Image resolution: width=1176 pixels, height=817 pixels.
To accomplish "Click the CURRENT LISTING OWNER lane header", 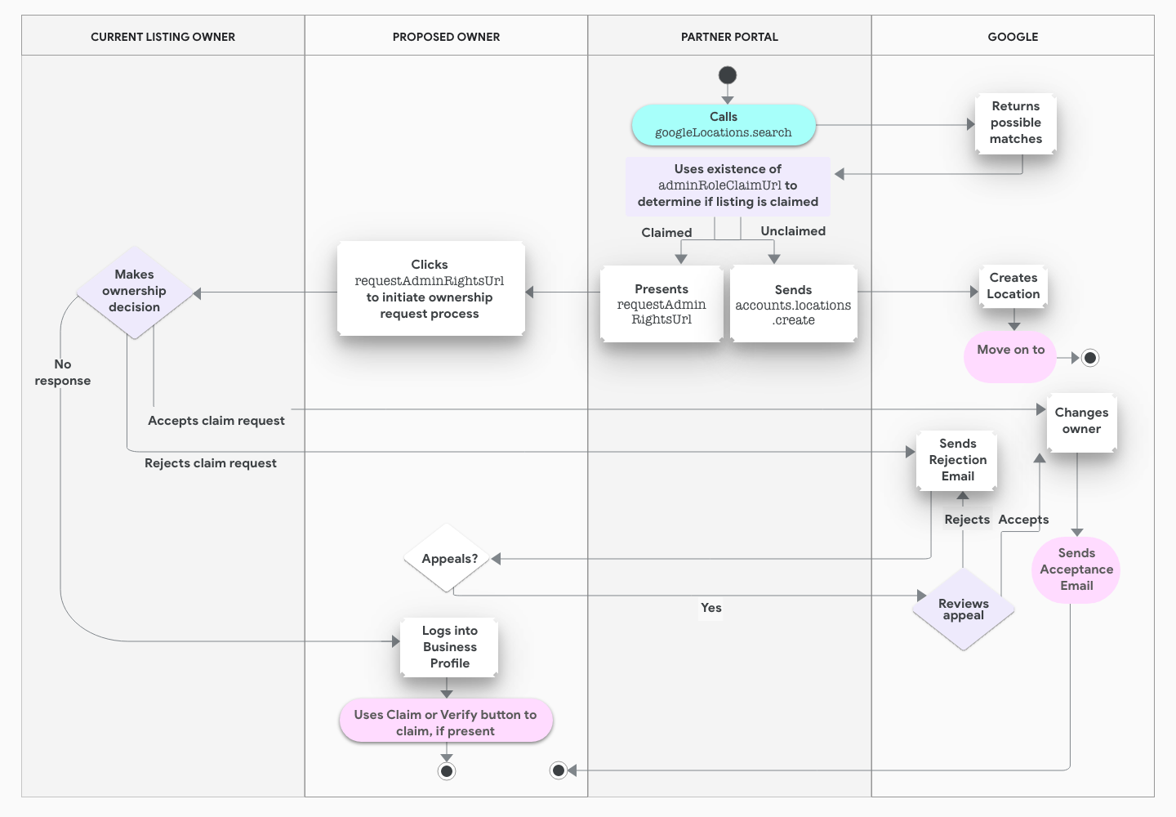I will point(163,37).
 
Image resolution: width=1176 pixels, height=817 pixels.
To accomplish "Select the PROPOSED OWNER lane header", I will point(446,37).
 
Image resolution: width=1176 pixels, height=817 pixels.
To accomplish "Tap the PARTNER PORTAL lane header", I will point(729,37).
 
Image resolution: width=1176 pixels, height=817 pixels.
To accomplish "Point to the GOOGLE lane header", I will point(1013,37).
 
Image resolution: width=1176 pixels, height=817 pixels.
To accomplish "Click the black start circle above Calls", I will point(728,75).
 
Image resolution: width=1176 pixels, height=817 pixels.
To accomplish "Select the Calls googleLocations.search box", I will point(724,125).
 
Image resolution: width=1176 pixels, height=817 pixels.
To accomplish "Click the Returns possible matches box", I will point(1015,123).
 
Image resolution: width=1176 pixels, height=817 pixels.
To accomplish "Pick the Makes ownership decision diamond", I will point(135,292).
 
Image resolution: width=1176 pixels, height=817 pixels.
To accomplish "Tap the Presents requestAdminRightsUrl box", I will point(661,304).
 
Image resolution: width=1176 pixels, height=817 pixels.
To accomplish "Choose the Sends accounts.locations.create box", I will point(793,304).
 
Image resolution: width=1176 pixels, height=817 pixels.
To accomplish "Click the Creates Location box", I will point(1013,286).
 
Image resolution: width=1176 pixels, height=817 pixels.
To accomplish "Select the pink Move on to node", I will point(1010,355).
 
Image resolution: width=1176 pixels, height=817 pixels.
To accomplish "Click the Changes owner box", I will point(1081,422).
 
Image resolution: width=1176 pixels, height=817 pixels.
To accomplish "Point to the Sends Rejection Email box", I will point(957,460).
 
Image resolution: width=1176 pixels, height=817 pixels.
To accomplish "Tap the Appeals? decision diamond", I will point(448,559).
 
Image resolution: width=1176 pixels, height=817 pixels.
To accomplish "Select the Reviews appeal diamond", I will point(964,609).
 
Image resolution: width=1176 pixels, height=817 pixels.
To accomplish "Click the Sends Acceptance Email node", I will point(1076,569).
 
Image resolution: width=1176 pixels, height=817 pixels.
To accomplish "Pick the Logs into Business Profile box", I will point(449,647).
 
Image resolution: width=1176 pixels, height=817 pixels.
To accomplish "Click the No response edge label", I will point(63,373).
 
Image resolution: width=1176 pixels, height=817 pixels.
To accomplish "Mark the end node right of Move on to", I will point(1089,358).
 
